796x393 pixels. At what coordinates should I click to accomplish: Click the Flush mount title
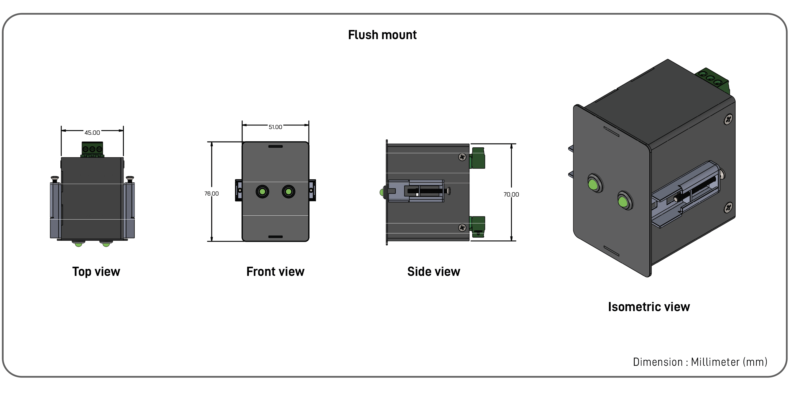click(x=382, y=35)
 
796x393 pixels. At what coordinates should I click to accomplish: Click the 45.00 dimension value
click(x=92, y=133)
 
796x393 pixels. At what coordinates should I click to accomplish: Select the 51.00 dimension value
click(x=275, y=127)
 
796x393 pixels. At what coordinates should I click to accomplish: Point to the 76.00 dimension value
click(x=211, y=194)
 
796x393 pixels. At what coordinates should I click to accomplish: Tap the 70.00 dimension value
click(x=511, y=195)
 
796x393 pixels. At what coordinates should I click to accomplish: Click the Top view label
click(x=96, y=272)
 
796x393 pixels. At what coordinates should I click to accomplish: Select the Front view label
click(x=275, y=272)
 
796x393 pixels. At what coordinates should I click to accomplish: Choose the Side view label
click(x=433, y=272)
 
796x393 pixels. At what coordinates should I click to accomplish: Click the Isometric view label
click(x=649, y=307)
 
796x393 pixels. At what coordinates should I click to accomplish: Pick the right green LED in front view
click(x=288, y=192)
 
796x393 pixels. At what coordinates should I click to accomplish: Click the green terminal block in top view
click(x=92, y=149)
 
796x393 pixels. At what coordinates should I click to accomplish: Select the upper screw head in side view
click(x=462, y=157)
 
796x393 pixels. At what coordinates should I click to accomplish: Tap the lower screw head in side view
click(x=462, y=228)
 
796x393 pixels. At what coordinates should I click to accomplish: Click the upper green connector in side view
click(x=478, y=158)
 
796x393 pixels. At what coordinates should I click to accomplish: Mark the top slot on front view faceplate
click(x=275, y=147)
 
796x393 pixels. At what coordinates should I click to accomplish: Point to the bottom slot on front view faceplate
click(x=275, y=237)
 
